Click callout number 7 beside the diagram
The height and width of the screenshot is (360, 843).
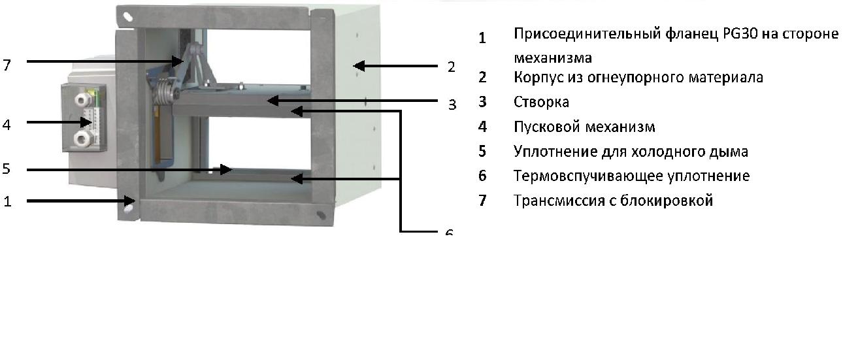pyautogui.click(x=7, y=65)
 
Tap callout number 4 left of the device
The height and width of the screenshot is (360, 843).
pyautogui.click(x=7, y=125)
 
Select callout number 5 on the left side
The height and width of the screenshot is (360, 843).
pyautogui.click(x=7, y=169)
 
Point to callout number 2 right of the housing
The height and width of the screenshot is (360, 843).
pyautogui.click(x=451, y=67)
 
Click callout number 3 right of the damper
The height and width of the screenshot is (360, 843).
pyautogui.click(x=452, y=104)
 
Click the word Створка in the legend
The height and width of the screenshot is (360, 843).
pyautogui.click(x=541, y=102)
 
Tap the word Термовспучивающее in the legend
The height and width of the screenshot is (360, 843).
pyautogui.click(x=588, y=176)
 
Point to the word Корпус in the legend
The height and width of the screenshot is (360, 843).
pyautogui.click(x=538, y=78)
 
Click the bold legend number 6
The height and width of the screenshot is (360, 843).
pyautogui.click(x=482, y=176)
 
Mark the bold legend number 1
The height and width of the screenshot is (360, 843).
pyautogui.click(x=482, y=38)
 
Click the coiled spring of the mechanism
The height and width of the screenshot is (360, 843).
pyautogui.click(x=165, y=93)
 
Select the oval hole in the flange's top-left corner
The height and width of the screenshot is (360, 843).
pyautogui.click(x=128, y=16)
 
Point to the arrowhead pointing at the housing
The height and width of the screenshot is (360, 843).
pyautogui.click(x=359, y=66)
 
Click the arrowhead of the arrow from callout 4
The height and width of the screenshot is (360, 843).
pyautogui.click(x=86, y=122)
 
